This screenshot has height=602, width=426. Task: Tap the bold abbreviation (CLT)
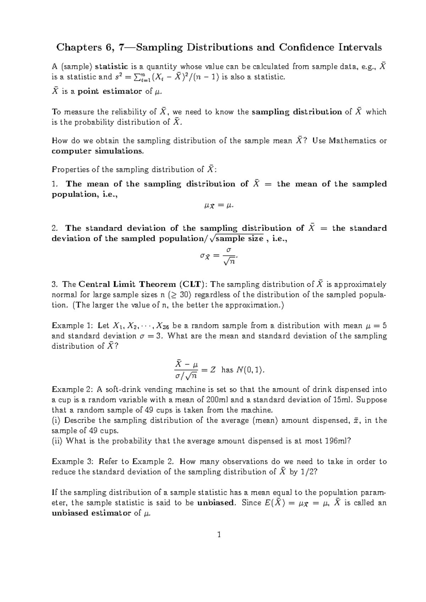pos(193,284)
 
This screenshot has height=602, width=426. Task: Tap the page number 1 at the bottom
pos(219,534)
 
